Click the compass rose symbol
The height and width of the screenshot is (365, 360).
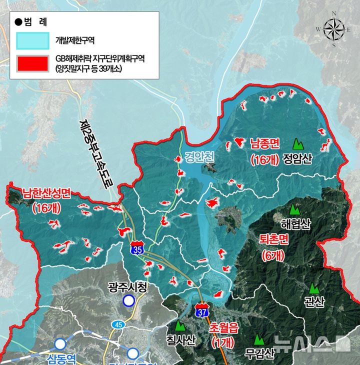coord(333,29)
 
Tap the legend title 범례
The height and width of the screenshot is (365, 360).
coord(34,21)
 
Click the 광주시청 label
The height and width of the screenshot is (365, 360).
coord(128,287)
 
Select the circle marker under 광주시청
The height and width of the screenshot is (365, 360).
coord(129,300)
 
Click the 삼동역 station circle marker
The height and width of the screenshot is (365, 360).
coord(61,344)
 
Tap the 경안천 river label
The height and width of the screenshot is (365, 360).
coord(198,156)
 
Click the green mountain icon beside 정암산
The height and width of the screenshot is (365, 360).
coord(298,144)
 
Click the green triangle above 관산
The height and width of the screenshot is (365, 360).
coord(313,288)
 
